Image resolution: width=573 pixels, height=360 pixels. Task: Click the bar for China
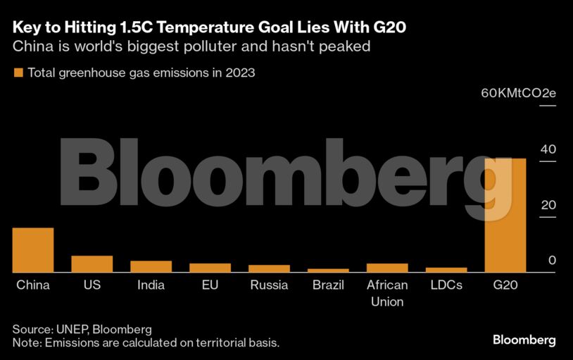click(33, 250)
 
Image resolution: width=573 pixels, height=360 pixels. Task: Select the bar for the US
click(92, 264)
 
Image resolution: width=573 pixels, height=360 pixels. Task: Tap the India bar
click(151, 266)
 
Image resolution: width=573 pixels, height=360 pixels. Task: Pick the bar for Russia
click(269, 268)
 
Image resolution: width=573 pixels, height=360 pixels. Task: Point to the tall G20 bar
click(505, 215)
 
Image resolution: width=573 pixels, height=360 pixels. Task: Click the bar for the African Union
click(387, 268)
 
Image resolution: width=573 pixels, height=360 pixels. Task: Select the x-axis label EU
click(210, 285)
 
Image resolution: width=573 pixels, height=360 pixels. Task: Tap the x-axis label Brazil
click(328, 285)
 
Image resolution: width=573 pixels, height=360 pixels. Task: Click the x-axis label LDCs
click(446, 285)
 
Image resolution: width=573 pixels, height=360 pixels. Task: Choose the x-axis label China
click(33, 285)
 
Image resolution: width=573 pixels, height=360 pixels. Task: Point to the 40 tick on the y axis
click(548, 149)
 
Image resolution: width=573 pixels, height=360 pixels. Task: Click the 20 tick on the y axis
click(548, 205)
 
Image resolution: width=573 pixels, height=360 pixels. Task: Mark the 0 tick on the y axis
click(552, 261)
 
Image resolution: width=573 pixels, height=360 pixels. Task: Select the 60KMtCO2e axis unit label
click(518, 94)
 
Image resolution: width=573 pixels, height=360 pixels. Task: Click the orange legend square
click(18, 73)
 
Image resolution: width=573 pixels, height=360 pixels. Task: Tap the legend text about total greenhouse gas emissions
click(141, 73)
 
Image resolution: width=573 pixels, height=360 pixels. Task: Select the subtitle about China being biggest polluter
click(190, 47)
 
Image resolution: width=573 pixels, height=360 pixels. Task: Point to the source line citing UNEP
click(82, 329)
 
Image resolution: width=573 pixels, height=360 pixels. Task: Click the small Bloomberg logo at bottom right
click(524, 340)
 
